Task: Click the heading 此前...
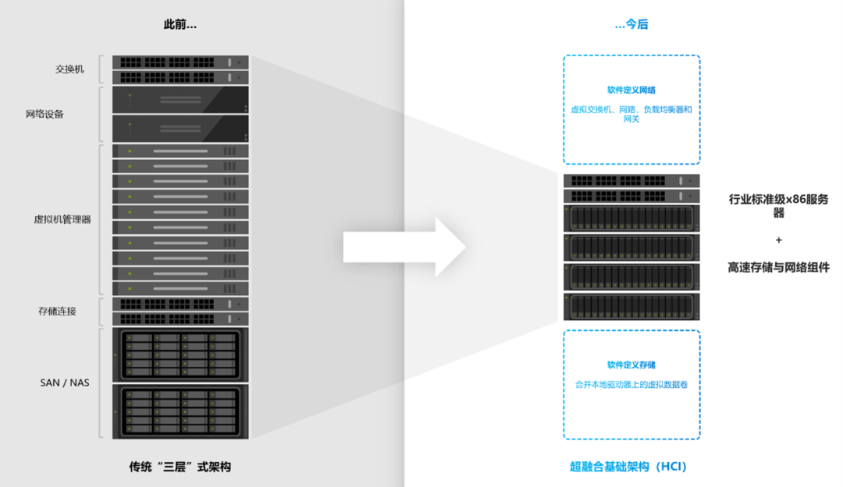(180, 25)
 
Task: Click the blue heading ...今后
(631, 25)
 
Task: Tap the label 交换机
(69, 69)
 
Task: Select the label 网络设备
(44, 114)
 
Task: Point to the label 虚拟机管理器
(62, 219)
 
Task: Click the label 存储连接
(57, 311)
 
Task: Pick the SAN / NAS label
(65, 382)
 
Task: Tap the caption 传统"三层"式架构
(180, 467)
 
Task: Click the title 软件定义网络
(631, 91)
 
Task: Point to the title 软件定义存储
(631, 364)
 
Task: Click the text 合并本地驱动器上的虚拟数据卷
(631, 385)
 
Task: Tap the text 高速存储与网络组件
(778, 268)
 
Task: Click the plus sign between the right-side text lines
(778, 240)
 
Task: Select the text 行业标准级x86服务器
(778, 206)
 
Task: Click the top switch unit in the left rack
(180, 62)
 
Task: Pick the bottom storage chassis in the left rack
(180, 411)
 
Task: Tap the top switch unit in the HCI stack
(631, 181)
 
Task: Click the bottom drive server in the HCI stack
(631, 306)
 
